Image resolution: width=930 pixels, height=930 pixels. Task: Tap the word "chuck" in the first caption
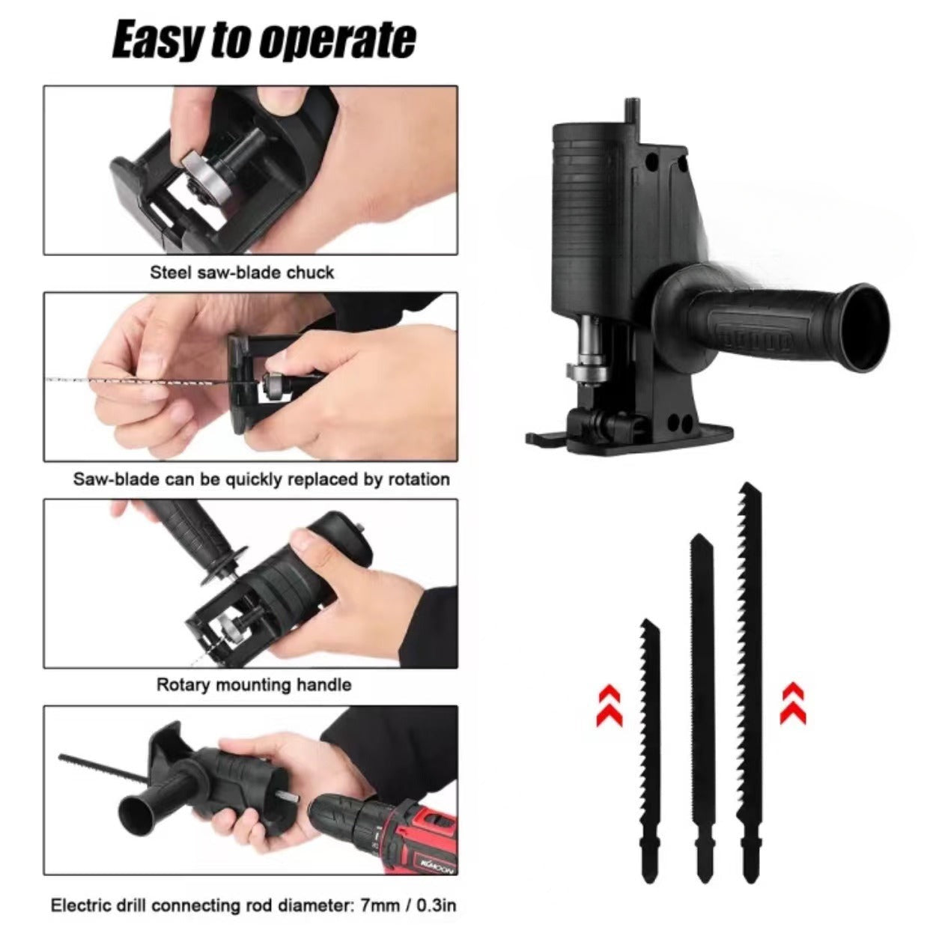tap(310, 273)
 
